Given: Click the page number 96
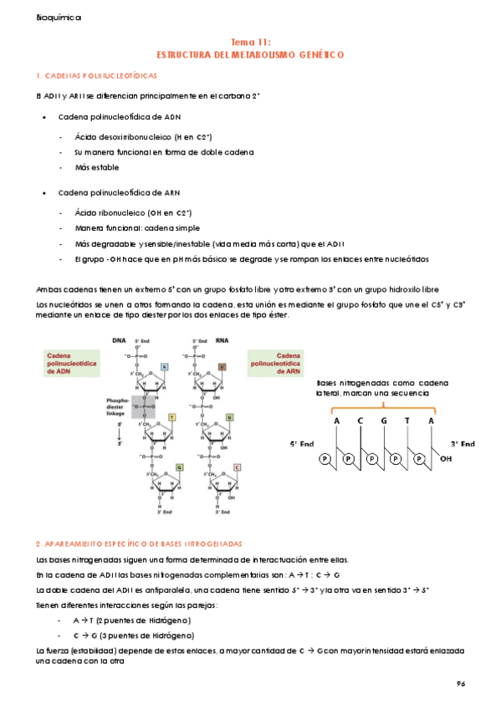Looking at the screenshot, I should tap(460, 683).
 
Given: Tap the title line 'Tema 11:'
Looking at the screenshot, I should tap(250, 41).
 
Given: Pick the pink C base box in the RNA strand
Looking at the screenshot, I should tap(238, 467).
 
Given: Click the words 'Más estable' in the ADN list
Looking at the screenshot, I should tap(96, 168).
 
